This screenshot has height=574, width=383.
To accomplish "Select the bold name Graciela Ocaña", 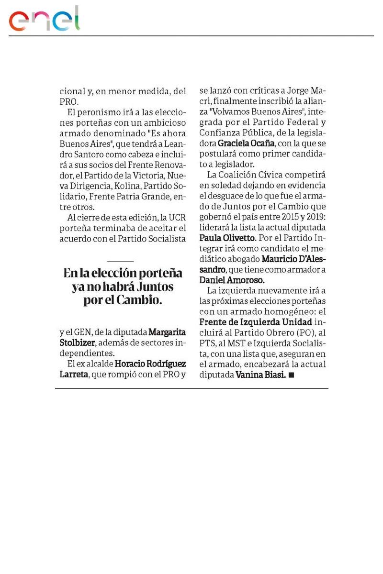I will (246, 143).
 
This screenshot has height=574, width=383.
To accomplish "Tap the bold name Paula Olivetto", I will (227, 238).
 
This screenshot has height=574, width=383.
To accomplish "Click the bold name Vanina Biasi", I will (261, 375).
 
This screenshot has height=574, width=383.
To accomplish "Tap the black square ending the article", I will (292, 376).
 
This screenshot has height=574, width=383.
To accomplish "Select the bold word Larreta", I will (74, 375).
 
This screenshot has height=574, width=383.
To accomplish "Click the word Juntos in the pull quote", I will (150, 287).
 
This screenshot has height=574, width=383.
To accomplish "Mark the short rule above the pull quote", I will (121, 261).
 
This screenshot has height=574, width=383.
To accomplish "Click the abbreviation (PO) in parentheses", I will (300, 332).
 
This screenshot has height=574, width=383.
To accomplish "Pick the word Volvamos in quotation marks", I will (223, 112).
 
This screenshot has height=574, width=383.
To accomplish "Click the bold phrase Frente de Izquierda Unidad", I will (256, 322).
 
